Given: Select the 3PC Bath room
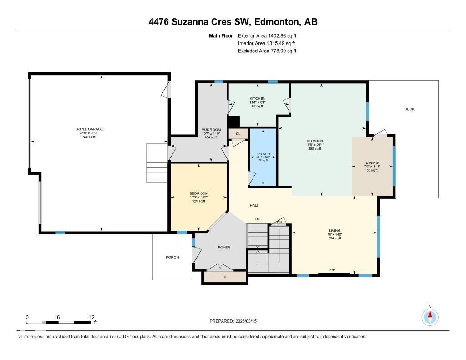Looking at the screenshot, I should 263,157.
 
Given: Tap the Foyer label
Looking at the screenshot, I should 224,248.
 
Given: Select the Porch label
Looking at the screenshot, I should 172,257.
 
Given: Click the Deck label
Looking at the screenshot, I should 409,109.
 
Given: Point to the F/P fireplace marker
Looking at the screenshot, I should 333,270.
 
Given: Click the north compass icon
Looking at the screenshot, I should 430,317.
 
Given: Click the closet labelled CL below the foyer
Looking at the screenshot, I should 225,277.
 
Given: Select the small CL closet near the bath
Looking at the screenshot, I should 238,133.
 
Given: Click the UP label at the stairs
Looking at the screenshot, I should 258,219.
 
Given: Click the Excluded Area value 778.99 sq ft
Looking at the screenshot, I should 267,51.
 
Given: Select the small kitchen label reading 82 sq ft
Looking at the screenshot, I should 258,106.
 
